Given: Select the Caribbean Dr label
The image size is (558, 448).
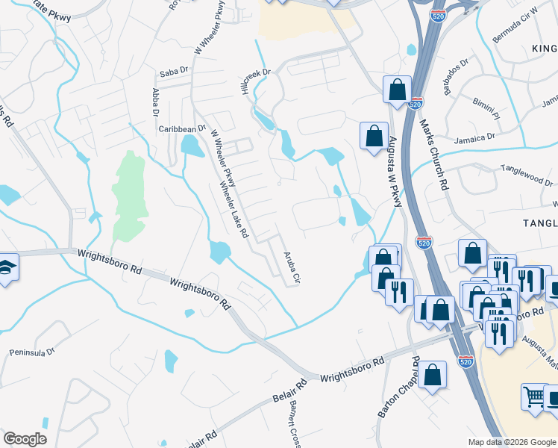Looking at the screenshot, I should tap(181, 128).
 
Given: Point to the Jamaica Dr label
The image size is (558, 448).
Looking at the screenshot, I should tap(480, 137).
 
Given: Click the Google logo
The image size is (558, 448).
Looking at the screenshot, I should tap(25, 439).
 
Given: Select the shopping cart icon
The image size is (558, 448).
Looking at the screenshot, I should tap(535, 396).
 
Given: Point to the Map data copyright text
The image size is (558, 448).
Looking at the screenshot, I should tap(511, 442).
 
